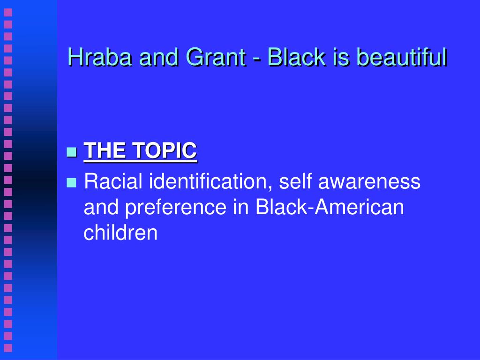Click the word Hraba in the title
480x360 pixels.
(x=100, y=57)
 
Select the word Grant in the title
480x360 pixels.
(x=216, y=57)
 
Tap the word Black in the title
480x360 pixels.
(x=296, y=57)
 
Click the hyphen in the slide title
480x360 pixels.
(x=256, y=59)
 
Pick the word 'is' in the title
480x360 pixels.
(x=341, y=57)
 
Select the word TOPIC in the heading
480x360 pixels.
(x=165, y=150)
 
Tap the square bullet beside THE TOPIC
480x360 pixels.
(x=71, y=152)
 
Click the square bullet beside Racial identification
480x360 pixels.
(x=71, y=182)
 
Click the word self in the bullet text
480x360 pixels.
(x=295, y=181)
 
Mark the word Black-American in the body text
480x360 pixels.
(x=330, y=207)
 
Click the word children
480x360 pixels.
(x=120, y=232)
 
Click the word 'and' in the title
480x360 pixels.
(x=158, y=57)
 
